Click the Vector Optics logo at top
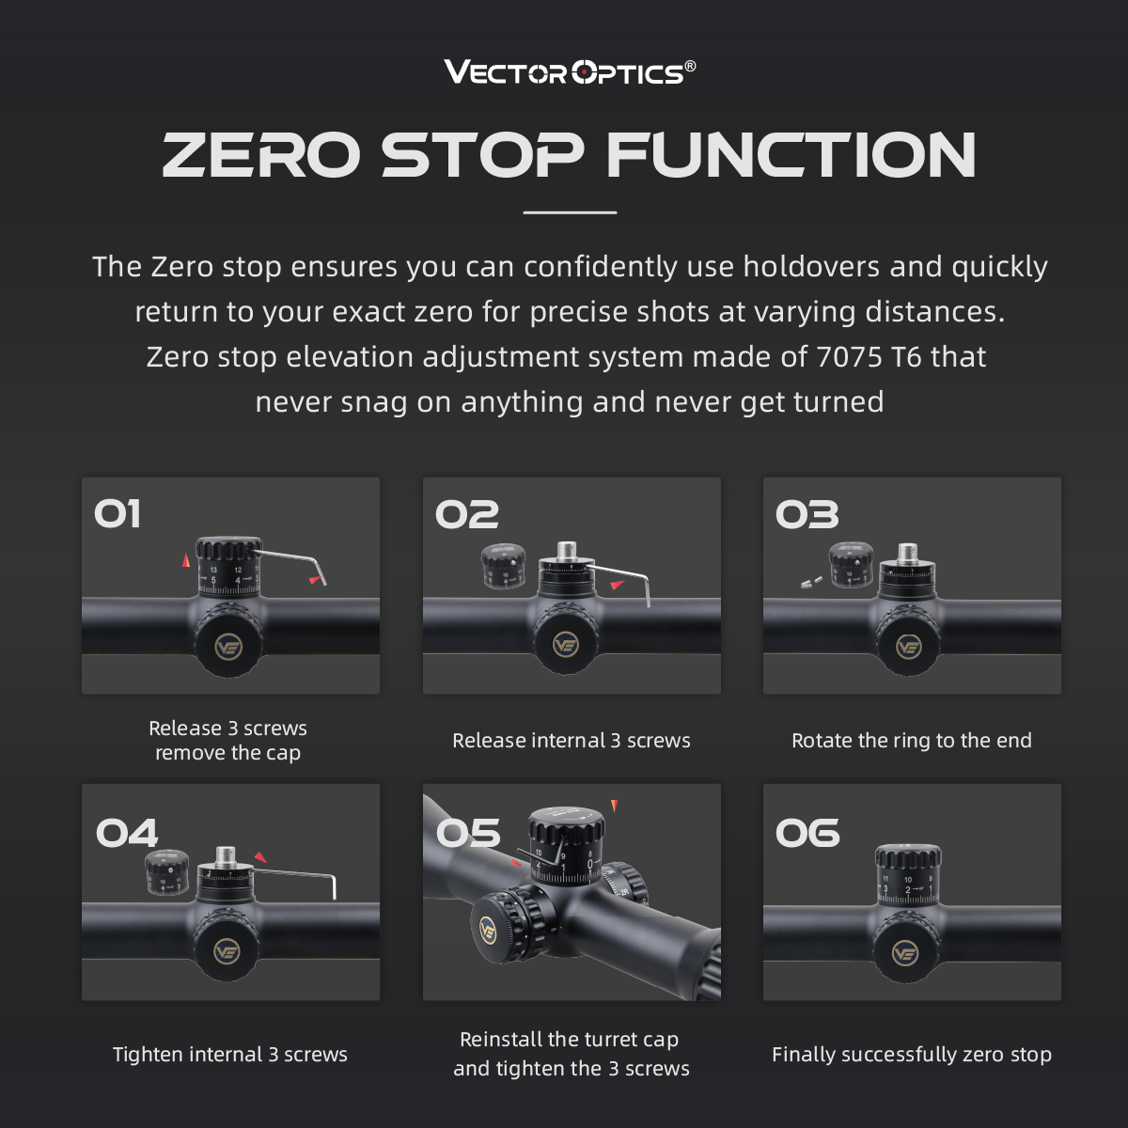click(x=570, y=71)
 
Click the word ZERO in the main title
click(x=261, y=154)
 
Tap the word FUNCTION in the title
click(x=791, y=154)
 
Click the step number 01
click(x=117, y=514)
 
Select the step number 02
click(x=466, y=514)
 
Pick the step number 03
click(x=807, y=514)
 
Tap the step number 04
click(x=127, y=834)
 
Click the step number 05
click(x=468, y=834)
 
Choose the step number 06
click(x=807, y=834)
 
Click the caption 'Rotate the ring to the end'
click(x=911, y=741)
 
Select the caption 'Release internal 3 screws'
click(x=571, y=741)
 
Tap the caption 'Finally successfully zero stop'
click(x=911, y=1055)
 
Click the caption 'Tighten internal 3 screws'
click(x=230, y=1055)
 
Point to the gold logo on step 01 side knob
click(x=228, y=647)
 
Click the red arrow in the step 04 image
click(x=260, y=857)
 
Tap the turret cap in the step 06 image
click(x=907, y=857)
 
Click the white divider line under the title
click(x=570, y=212)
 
